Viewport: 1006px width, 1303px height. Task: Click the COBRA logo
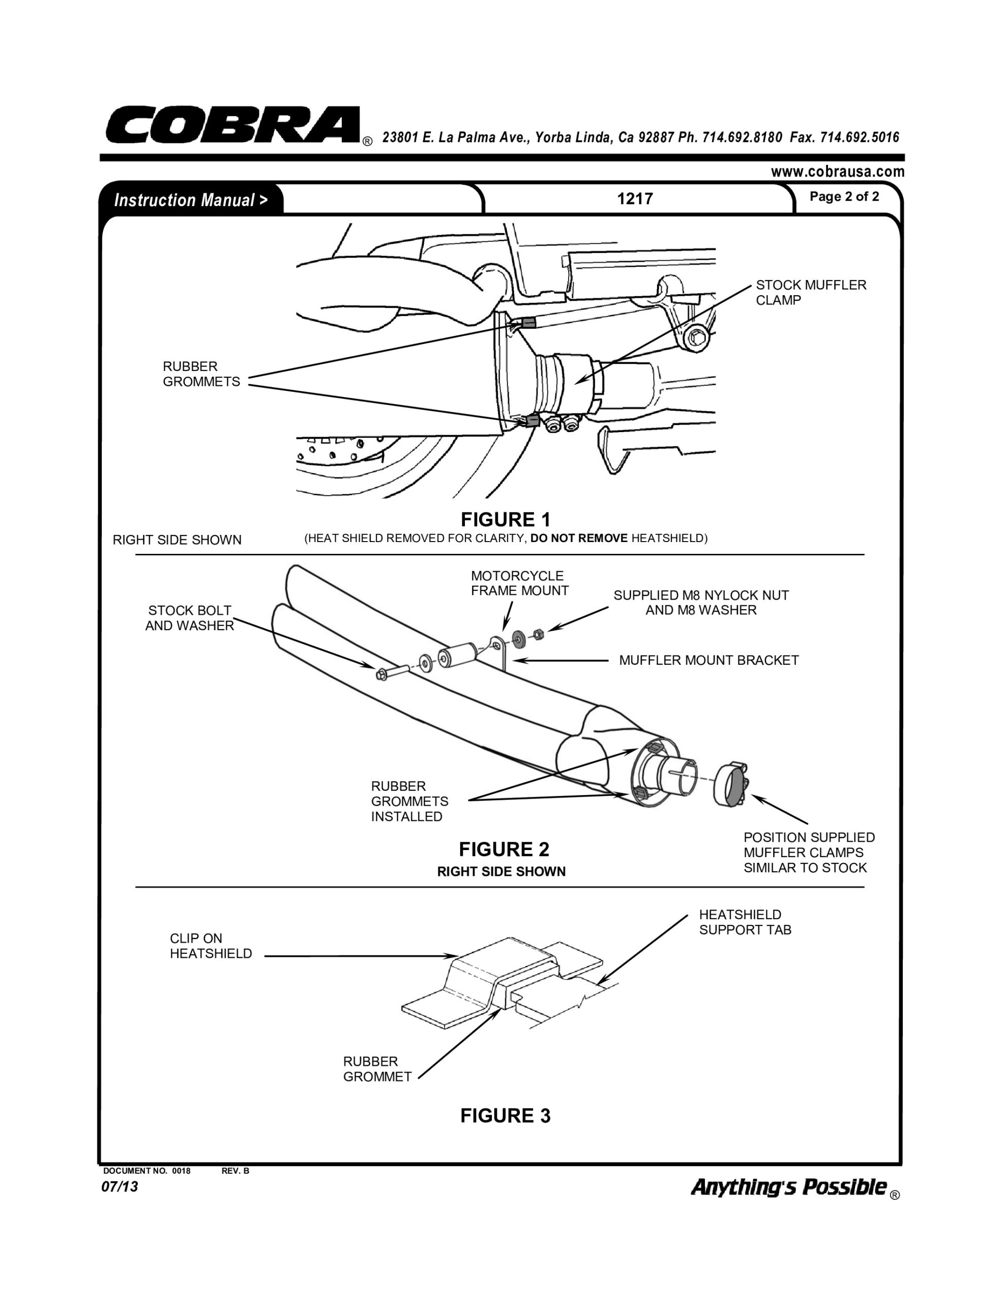(232, 125)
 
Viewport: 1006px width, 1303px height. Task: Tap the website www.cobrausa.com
(837, 172)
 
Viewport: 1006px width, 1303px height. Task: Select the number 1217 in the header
(635, 199)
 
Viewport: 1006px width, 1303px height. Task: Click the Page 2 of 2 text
(844, 197)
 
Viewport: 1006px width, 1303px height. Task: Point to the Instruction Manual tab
(191, 200)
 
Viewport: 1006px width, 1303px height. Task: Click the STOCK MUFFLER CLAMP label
(810, 292)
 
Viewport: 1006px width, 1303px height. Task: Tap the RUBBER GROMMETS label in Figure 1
(201, 374)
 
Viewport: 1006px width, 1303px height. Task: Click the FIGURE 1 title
(505, 519)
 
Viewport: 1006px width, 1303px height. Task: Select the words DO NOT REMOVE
(578, 538)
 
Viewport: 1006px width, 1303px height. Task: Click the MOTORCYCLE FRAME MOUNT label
(519, 583)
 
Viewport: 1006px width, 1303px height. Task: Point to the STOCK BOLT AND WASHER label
(189, 617)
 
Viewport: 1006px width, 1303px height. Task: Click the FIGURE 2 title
(504, 849)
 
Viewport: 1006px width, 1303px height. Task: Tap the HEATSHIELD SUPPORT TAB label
(745, 922)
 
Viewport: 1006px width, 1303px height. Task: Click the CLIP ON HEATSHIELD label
(211, 946)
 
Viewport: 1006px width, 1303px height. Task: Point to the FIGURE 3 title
(505, 1116)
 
